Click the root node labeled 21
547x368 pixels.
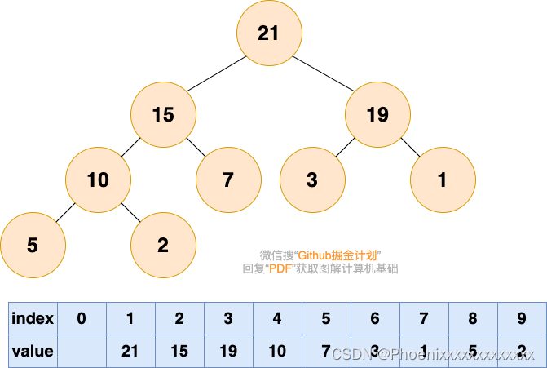click(268, 33)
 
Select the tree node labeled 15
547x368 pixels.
click(163, 114)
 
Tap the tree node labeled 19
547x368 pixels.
click(377, 114)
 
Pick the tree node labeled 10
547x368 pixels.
click(98, 180)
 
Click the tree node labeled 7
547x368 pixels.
click(228, 180)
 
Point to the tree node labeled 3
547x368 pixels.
click(312, 180)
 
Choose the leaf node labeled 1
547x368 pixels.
click(443, 180)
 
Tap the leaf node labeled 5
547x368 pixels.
click(33, 245)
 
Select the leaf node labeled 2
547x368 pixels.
click(163, 245)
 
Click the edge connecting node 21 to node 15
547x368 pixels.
click(216, 73)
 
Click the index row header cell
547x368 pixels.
click(33, 318)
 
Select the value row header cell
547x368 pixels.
click(33, 351)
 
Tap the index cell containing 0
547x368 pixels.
click(82, 318)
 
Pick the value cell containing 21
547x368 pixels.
click(130, 351)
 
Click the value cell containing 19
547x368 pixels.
click(228, 351)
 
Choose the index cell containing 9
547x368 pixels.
click(521, 318)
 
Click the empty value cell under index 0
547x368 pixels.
click(82, 351)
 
